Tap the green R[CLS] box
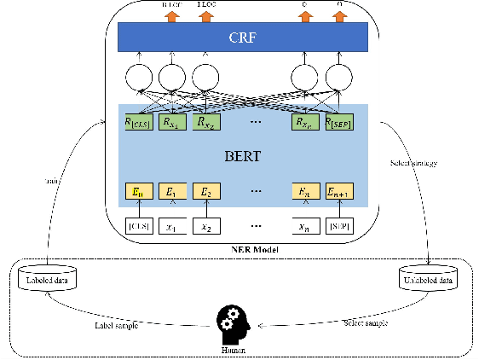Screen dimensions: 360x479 tap(137, 122)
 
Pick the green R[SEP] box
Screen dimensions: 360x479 tap(342, 122)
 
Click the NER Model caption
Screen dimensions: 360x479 tap(242, 249)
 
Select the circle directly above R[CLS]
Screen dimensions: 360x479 tap(139, 79)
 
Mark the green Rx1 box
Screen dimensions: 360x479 tap(171, 122)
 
